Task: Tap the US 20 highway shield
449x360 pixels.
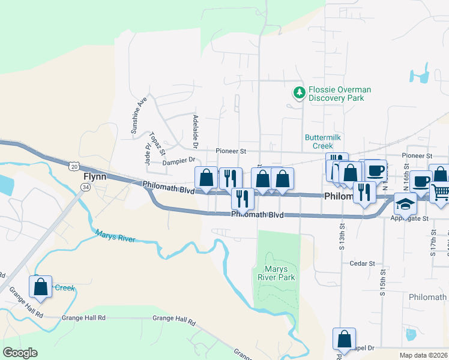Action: [x=73, y=165]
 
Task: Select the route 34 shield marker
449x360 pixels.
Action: [x=86, y=188]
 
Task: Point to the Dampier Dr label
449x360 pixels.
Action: [x=179, y=161]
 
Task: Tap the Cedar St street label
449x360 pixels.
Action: [x=363, y=263]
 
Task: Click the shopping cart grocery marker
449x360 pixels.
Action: [x=440, y=193]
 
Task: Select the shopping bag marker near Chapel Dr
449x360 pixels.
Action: [x=345, y=339]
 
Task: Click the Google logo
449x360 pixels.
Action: [x=20, y=353]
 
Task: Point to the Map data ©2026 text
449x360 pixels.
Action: [x=423, y=355]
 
